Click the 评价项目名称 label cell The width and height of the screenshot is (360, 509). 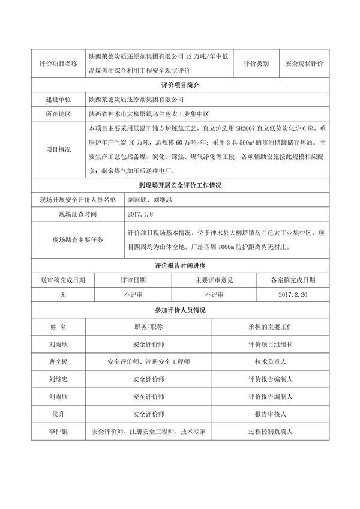pyautogui.click(x=58, y=63)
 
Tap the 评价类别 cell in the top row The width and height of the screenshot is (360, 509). pyautogui.click(x=256, y=63)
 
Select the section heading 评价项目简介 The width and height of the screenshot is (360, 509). pyautogui.click(x=180, y=85)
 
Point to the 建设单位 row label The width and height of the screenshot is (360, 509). pyautogui.click(x=58, y=99)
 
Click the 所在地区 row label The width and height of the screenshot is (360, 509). pyautogui.click(x=58, y=114)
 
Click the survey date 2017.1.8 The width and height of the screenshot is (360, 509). pyautogui.click(x=141, y=214)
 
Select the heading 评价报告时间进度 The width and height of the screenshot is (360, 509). pyautogui.click(x=180, y=265)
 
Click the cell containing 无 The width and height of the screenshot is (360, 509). pyautogui.click(x=62, y=295)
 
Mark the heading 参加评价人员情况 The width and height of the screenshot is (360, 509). pyautogui.click(x=180, y=310)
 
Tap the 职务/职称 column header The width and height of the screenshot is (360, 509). pyautogui.click(x=149, y=327)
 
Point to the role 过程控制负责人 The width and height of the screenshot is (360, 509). pyautogui.click(x=270, y=432)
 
